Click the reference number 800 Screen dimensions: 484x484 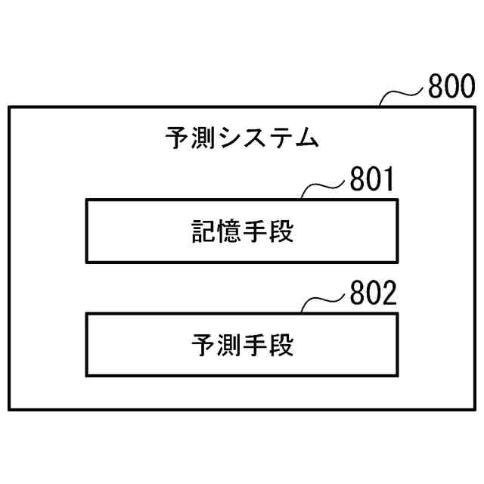452,88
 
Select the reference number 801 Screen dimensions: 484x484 372,181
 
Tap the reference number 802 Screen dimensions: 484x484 372,295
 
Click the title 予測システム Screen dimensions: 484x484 241,139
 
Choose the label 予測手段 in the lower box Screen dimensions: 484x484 241,346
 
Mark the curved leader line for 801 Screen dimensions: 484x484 324,188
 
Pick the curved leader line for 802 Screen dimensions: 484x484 324,301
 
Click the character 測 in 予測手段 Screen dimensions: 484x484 228,346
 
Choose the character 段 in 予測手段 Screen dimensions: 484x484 281,346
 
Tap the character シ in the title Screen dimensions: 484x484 229,139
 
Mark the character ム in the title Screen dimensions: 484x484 306,139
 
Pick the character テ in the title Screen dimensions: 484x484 281,139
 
